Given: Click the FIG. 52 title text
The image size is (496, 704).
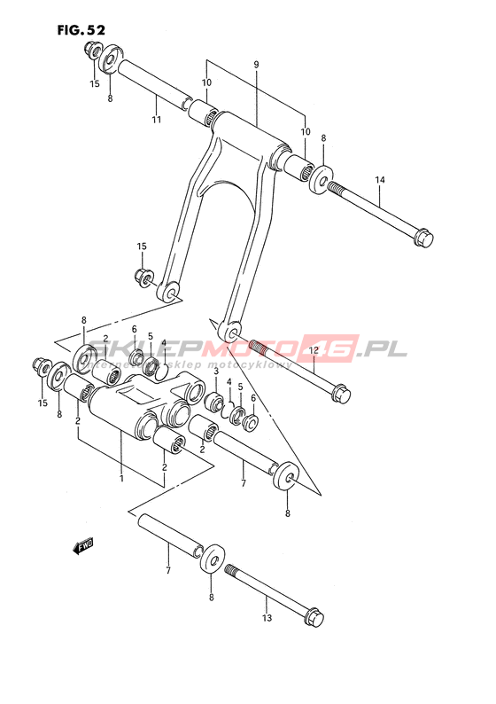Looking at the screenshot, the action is tap(81, 30).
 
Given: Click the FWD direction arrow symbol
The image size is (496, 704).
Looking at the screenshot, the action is tap(83, 546).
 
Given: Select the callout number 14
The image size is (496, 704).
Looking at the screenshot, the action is tap(379, 180).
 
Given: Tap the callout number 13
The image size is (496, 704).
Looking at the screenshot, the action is tap(267, 618).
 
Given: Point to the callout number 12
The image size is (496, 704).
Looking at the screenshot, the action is tap(313, 349).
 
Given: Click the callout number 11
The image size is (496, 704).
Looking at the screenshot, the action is tap(156, 120).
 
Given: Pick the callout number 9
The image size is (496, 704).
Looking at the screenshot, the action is tap(256, 65).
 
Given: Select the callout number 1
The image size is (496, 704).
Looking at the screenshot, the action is tap(121, 479).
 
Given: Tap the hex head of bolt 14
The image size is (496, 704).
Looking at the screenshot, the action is tap(423, 238).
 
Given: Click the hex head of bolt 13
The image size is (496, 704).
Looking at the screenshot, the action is tap(314, 617).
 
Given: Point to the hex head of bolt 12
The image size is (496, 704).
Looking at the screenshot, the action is tap(341, 394).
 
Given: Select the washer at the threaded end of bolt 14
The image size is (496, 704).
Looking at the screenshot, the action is tap(321, 180).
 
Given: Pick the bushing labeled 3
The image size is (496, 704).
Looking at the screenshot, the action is tap(213, 401).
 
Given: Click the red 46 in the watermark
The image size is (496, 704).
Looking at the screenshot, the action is tap(331, 348).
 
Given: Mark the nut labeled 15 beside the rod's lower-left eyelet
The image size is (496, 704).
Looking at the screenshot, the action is tap(144, 278).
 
